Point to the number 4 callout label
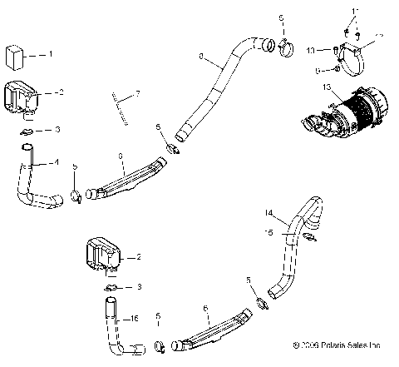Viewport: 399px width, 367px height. tap(57, 162)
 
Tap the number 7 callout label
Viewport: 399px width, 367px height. tap(137, 92)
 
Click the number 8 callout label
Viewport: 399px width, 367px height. tap(200, 56)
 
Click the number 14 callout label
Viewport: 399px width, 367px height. tap(268, 213)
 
